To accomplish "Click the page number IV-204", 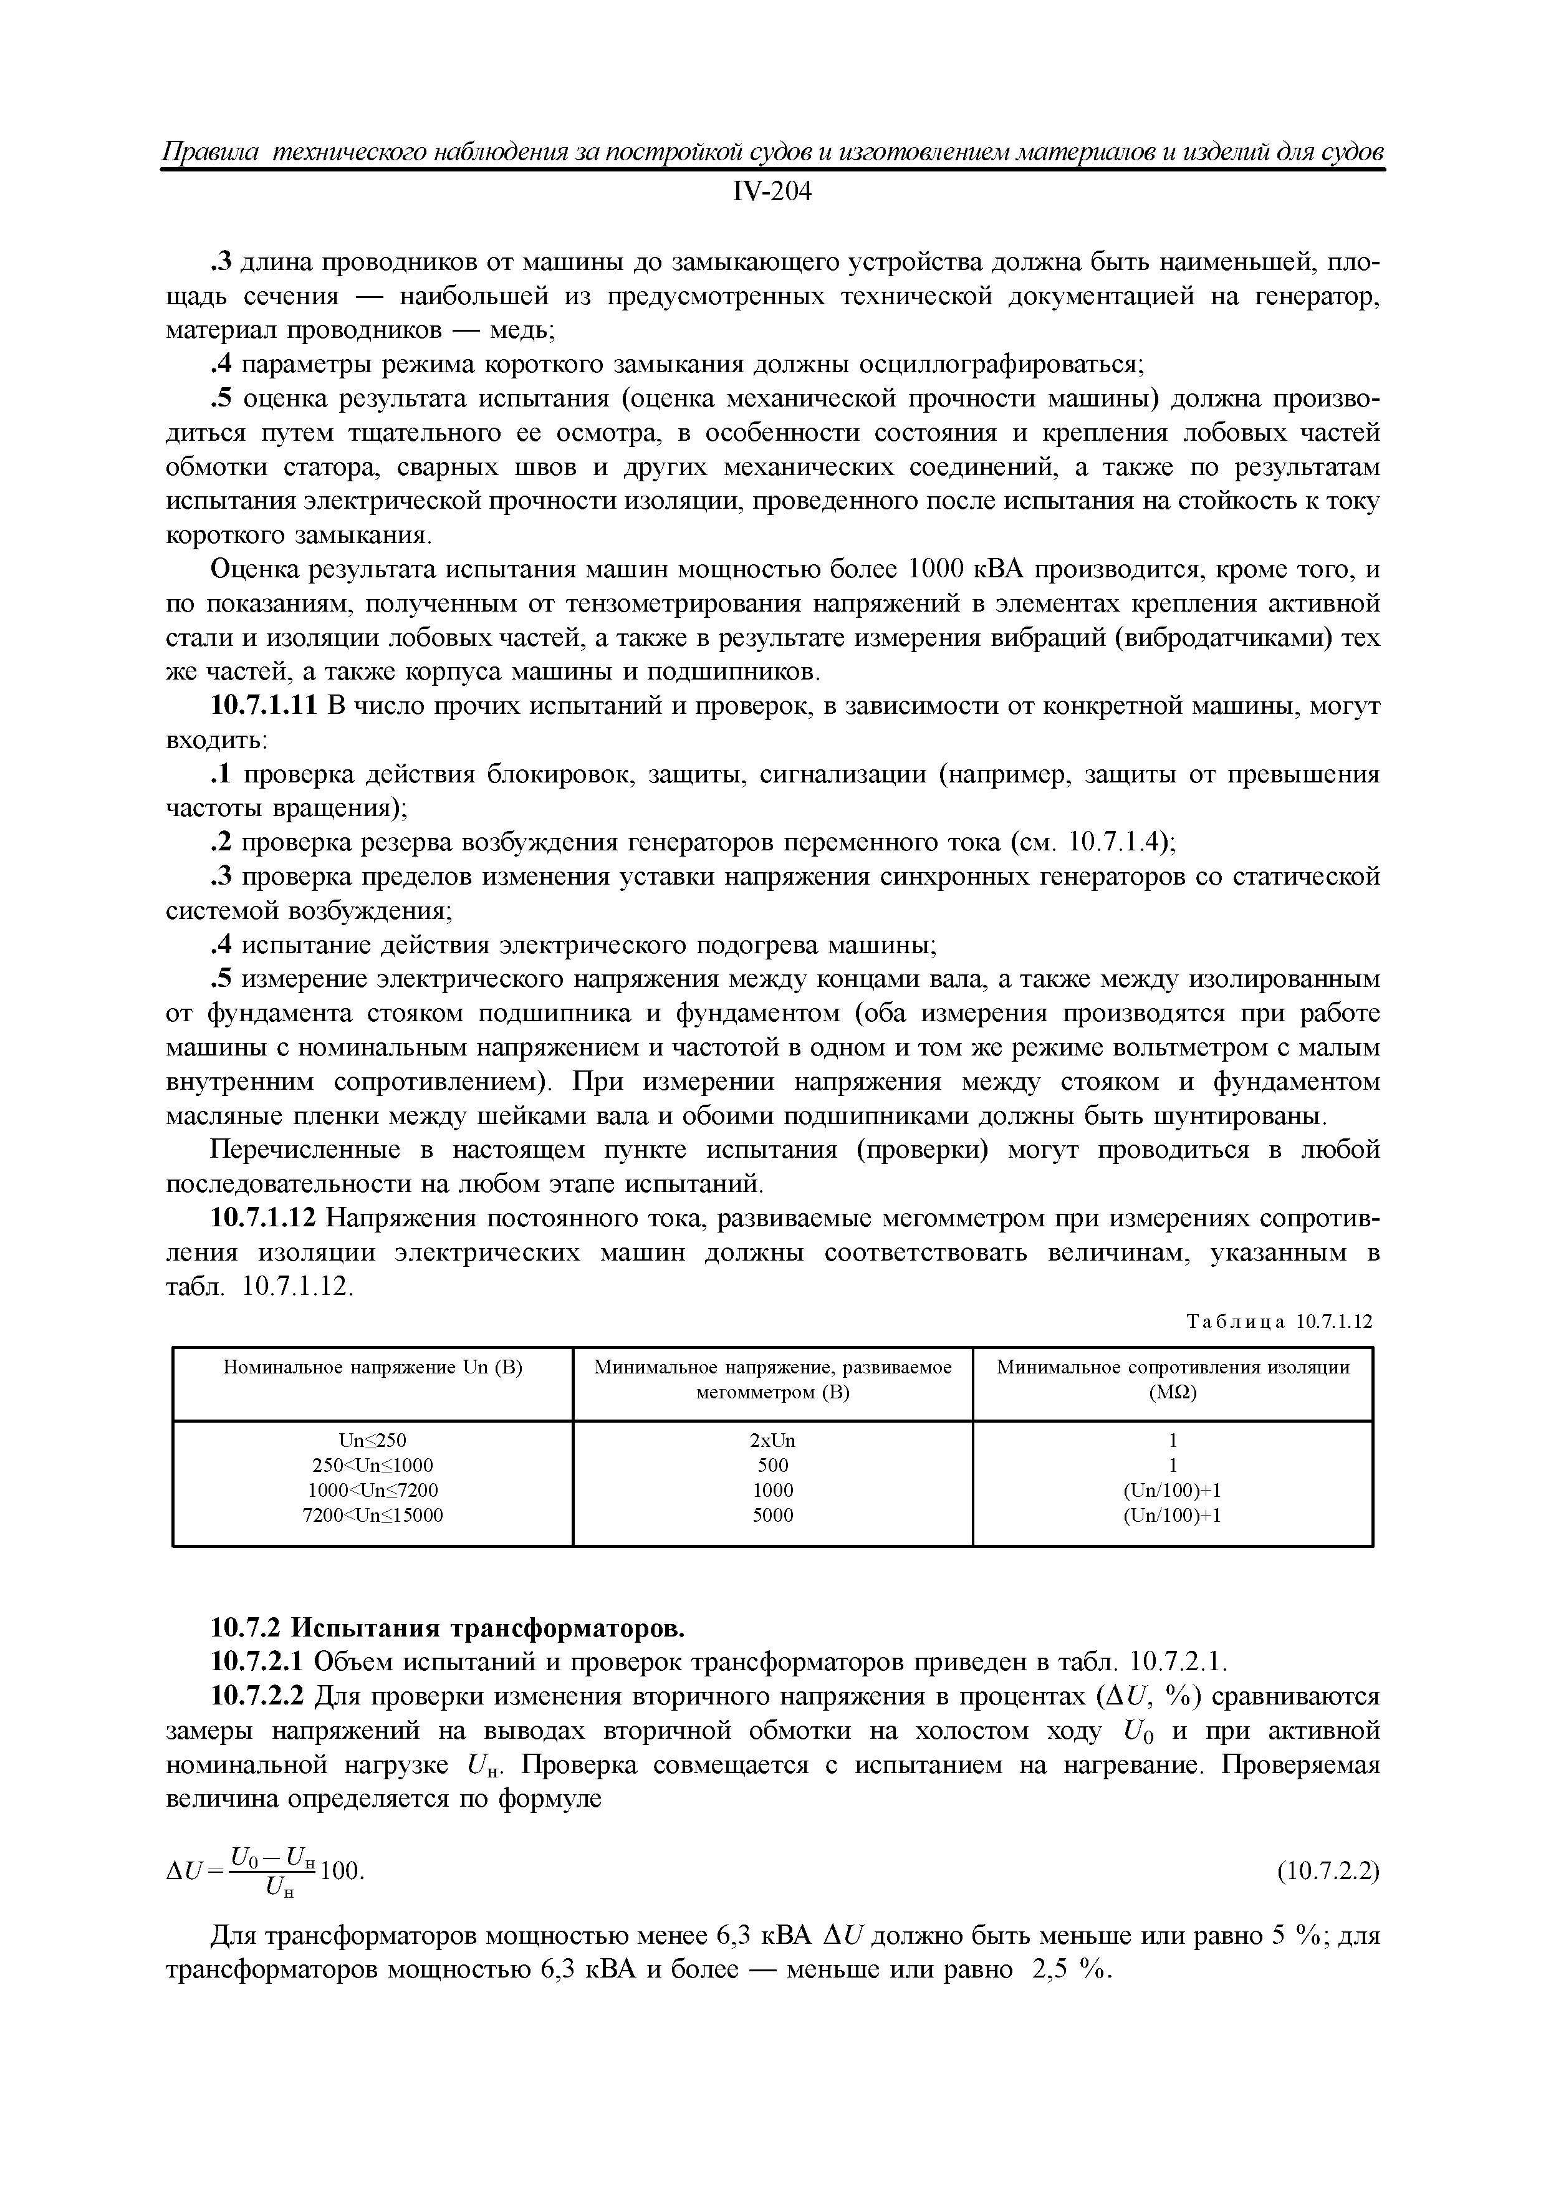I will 772,193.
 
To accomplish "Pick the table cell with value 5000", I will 772,1514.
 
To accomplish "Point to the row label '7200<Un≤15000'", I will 372,1514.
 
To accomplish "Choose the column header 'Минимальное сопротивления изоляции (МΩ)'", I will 1173,1379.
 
